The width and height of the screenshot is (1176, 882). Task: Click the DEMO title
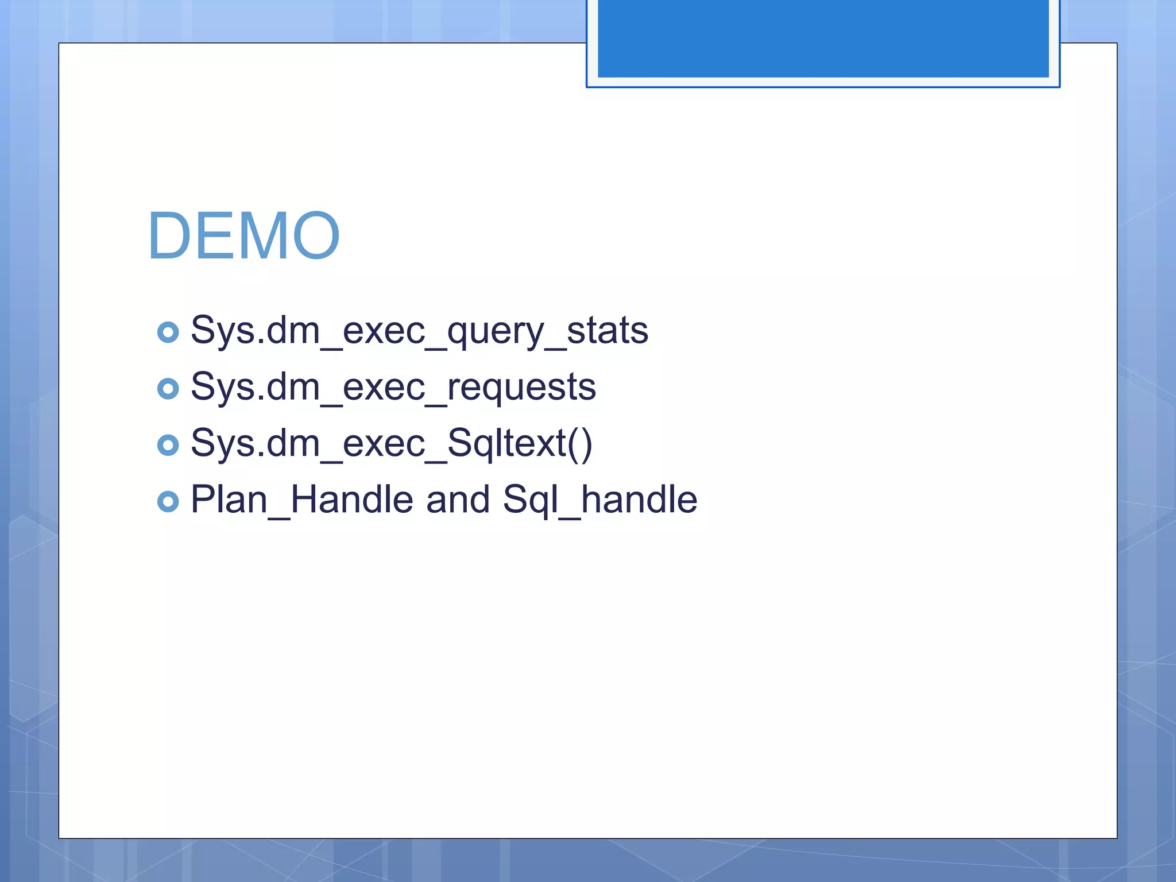coord(244,236)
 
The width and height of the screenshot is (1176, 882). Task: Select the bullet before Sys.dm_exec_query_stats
coord(168,332)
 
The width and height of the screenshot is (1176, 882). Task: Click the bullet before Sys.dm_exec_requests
coord(168,389)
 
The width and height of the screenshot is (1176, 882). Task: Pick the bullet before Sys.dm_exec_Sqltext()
coord(168,445)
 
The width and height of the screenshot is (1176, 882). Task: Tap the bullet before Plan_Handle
coord(168,501)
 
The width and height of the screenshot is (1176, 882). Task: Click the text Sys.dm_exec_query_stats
coord(419,331)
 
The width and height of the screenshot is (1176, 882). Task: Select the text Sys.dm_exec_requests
coord(393,388)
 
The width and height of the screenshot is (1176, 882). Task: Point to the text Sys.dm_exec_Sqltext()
coord(391,444)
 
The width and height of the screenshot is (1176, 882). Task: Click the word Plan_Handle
coord(301,500)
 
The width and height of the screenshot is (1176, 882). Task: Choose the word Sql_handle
coord(600,500)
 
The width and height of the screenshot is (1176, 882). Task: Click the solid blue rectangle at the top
coord(823,38)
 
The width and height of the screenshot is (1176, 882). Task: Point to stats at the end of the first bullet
coord(608,331)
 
